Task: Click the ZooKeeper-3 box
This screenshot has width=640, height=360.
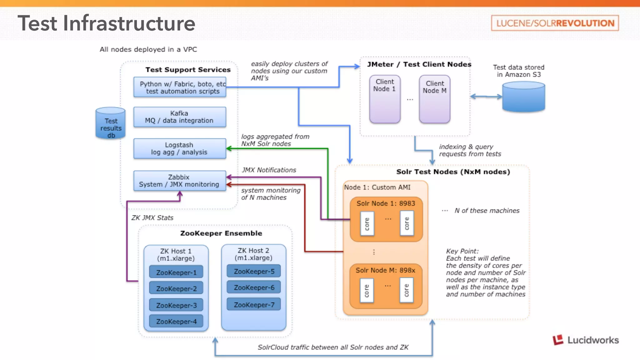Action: coord(176,305)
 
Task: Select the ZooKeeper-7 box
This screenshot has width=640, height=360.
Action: coord(254,305)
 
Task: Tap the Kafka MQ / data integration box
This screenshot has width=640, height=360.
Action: coord(180,117)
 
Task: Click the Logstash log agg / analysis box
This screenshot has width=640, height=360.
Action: coord(180,149)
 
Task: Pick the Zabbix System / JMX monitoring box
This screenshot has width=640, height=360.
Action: coord(180,181)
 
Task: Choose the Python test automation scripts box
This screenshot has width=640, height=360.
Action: coord(180,87)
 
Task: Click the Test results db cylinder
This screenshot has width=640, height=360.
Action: coord(111,124)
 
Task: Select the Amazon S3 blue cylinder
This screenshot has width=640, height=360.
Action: coord(523,97)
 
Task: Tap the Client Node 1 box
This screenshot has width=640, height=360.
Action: coord(385,99)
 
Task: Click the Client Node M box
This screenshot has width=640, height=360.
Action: coord(435,99)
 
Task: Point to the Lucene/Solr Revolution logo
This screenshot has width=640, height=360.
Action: coord(555,23)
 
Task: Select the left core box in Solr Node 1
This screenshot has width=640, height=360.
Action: coord(367,224)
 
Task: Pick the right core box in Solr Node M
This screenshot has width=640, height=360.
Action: coord(406,291)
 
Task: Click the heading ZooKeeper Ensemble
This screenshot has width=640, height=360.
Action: coord(221,233)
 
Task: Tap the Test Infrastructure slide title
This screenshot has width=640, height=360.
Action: coord(107,23)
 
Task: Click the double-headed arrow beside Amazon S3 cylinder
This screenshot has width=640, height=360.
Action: coord(486,97)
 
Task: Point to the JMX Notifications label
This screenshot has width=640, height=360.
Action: coord(269,170)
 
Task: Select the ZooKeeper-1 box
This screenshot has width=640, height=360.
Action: coord(176,272)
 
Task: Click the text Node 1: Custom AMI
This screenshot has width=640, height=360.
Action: coord(377,187)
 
